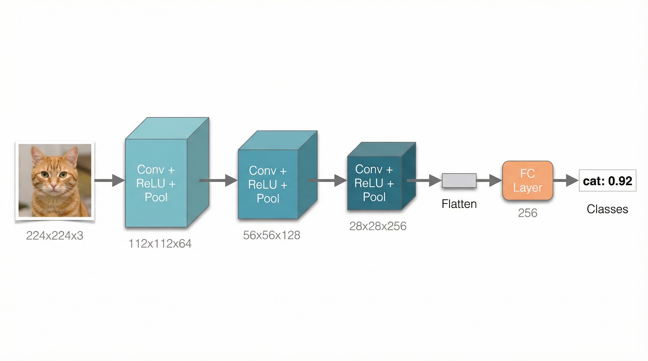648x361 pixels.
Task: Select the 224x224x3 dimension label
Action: [x=55, y=235]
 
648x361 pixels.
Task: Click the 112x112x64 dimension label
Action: [x=160, y=244]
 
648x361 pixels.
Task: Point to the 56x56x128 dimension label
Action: [x=272, y=235]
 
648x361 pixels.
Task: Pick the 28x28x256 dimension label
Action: [x=378, y=226]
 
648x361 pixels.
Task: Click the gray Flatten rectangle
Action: [x=459, y=181]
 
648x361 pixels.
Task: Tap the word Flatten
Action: [x=459, y=204]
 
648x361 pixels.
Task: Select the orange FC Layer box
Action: [x=527, y=181]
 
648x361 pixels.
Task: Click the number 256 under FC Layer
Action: [x=527, y=213]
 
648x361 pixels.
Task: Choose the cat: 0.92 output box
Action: [x=607, y=181]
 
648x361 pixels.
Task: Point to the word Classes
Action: [x=607, y=209]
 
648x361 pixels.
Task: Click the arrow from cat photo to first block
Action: [x=110, y=181]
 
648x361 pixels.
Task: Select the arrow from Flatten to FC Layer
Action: [x=489, y=181]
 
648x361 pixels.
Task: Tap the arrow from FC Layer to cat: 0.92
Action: [x=566, y=181]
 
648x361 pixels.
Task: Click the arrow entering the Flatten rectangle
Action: [x=424, y=181]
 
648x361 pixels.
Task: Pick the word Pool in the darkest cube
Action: [x=374, y=197]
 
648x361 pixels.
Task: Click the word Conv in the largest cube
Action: [x=151, y=170]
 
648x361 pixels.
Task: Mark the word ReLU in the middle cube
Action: [x=263, y=185]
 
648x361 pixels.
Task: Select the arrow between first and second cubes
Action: [x=219, y=181]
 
